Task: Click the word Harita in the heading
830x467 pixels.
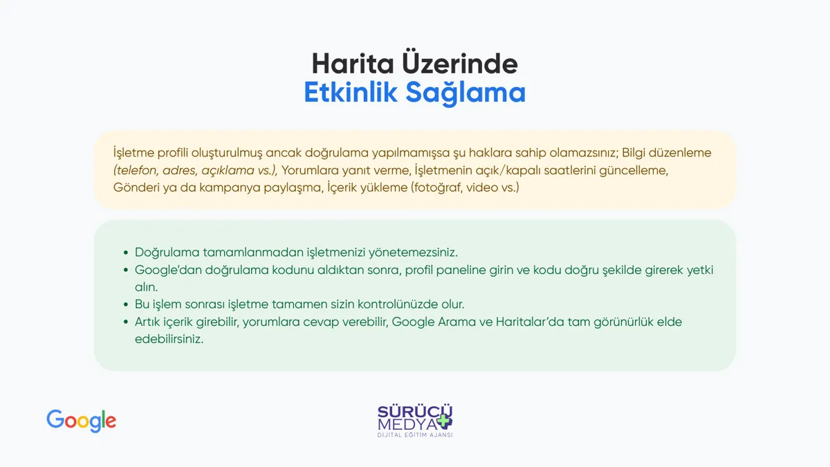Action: click(353, 64)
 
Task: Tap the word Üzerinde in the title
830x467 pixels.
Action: click(460, 62)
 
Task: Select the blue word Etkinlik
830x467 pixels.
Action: click(351, 92)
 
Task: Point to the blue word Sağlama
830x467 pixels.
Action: click(465, 93)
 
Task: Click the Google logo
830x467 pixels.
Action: click(81, 421)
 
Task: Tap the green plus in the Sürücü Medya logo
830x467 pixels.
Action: click(444, 421)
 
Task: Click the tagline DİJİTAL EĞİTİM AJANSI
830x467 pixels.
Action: click(415, 434)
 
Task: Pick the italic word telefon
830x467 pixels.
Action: click(136, 170)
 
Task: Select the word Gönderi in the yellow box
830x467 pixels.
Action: click(136, 187)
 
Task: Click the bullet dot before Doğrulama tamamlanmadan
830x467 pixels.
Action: click(126, 253)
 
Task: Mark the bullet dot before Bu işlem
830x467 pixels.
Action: click(126, 304)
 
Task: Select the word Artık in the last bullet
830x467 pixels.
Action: click(147, 322)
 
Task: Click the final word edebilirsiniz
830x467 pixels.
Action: click(169, 339)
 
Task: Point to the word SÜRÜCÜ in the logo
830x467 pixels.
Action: click(415, 411)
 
